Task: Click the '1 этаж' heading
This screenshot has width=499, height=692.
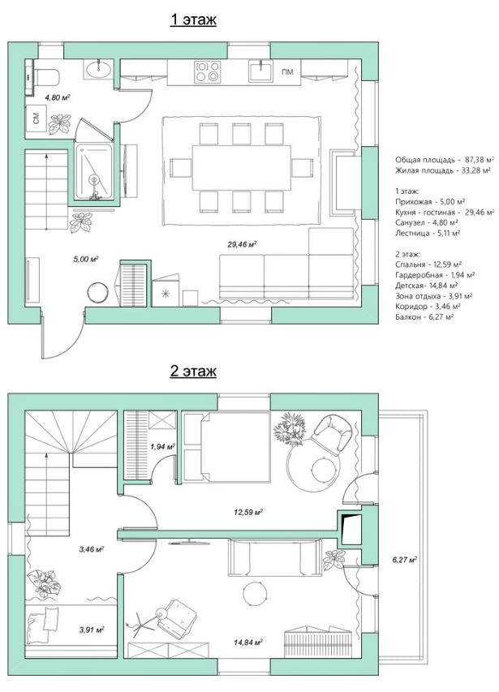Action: [193, 19]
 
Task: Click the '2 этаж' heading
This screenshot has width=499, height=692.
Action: [193, 372]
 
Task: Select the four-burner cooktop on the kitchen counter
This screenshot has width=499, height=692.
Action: [208, 71]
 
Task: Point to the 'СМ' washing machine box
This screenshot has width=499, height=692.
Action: [37, 118]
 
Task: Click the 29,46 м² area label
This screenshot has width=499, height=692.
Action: [243, 244]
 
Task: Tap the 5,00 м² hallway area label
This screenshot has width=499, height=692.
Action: [85, 259]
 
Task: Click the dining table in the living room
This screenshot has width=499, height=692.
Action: [241, 168]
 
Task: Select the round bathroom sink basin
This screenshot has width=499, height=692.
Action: [98, 68]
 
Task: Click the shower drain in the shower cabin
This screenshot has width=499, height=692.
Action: [93, 179]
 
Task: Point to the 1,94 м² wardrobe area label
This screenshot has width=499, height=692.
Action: [163, 447]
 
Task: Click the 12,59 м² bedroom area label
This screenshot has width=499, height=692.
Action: [248, 513]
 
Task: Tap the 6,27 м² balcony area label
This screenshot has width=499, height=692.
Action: [405, 560]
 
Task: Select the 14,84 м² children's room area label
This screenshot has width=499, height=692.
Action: [248, 643]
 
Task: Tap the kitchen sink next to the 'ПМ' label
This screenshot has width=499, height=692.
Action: [260, 71]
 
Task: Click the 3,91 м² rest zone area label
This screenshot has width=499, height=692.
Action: [92, 630]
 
